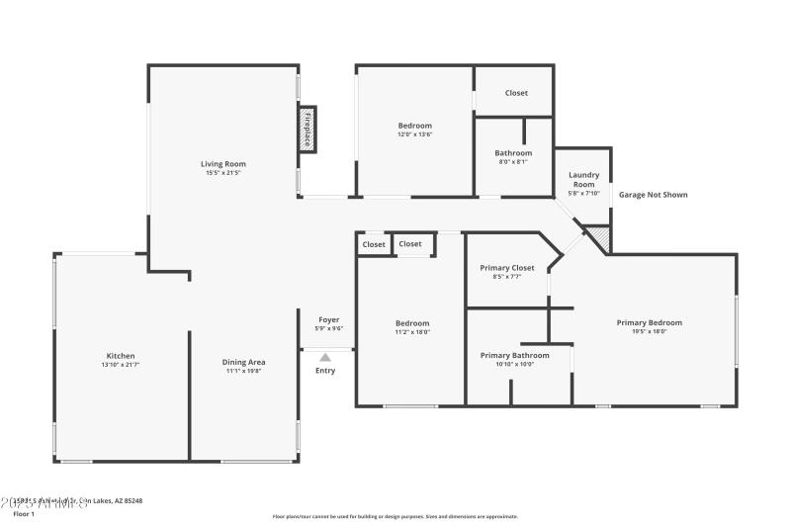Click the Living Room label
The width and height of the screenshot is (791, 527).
point(222,164)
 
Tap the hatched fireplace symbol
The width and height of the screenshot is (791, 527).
point(308,130)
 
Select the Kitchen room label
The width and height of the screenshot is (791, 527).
point(121,356)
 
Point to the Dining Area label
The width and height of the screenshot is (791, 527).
point(243,362)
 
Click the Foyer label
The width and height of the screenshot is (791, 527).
point(327,319)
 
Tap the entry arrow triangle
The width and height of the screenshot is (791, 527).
point(325,357)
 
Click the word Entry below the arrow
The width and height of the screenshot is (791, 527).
point(325,371)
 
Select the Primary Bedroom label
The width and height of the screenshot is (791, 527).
point(649,322)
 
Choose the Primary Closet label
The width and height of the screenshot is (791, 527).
point(507,268)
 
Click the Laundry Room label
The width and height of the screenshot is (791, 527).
point(582,180)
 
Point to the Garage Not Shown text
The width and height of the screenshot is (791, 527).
point(653,195)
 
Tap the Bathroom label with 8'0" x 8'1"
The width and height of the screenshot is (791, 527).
point(513,153)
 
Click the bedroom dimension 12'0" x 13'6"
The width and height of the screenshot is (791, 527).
point(415,134)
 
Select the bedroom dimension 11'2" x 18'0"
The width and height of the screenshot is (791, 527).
point(412,332)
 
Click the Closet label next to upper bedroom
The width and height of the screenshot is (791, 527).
point(516,93)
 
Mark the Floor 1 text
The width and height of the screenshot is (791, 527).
point(24,514)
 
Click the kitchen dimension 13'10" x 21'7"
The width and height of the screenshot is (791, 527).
point(121,365)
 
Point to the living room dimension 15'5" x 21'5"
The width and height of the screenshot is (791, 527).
point(222,173)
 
